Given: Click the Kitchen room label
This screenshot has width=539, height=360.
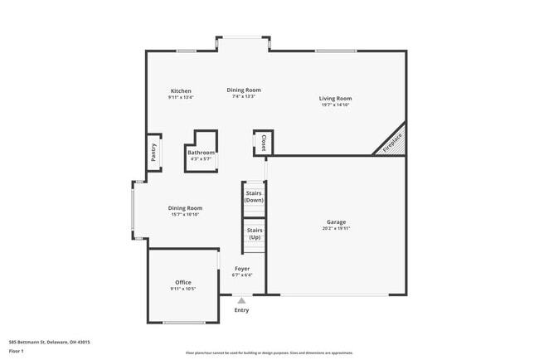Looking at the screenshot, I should click(181, 91).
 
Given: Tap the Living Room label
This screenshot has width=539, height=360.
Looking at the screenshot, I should click(336, 99).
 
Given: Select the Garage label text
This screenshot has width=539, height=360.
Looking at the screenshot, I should click(336, 221).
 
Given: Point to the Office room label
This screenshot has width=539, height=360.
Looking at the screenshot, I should click(183, 283).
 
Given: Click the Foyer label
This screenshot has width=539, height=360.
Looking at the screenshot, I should click(242, 269).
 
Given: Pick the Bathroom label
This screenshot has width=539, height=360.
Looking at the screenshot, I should click(201, 153).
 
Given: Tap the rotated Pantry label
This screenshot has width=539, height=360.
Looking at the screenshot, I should click(153, 152).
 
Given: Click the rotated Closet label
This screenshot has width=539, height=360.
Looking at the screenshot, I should click(264, 143).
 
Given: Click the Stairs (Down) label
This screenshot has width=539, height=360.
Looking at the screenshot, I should click(254, 197).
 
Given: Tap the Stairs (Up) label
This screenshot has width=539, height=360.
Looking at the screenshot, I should click(254, 233).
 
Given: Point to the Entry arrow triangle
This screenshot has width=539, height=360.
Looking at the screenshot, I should click(241, 301).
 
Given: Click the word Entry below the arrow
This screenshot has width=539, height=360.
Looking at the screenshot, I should click(241, 310).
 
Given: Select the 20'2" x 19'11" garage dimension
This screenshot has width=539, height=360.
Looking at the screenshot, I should click(336, 228).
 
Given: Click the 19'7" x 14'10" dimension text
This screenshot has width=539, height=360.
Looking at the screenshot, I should click(336, 105).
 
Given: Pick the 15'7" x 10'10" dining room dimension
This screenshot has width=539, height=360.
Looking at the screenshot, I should click(185, 215).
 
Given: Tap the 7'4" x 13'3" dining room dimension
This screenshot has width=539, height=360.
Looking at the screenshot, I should click(244, 96).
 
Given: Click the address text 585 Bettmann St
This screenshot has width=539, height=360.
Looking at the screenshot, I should click(49, 342).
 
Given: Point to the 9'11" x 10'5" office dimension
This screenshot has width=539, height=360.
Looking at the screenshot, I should click(183, 289).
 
